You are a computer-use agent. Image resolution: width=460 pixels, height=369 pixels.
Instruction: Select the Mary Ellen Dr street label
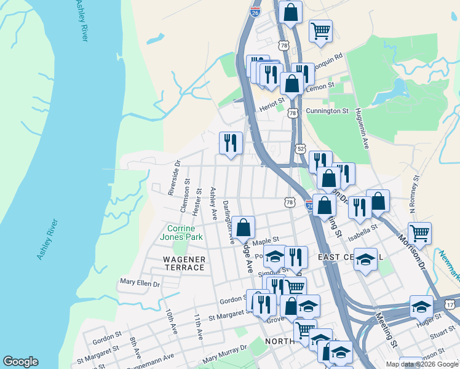(140, 284)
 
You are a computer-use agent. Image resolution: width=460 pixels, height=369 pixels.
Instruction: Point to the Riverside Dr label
(174, 178)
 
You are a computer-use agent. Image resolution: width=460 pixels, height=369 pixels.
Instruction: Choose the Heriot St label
(272, 106)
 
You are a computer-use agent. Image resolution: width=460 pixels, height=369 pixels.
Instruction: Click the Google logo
(20, 362)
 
